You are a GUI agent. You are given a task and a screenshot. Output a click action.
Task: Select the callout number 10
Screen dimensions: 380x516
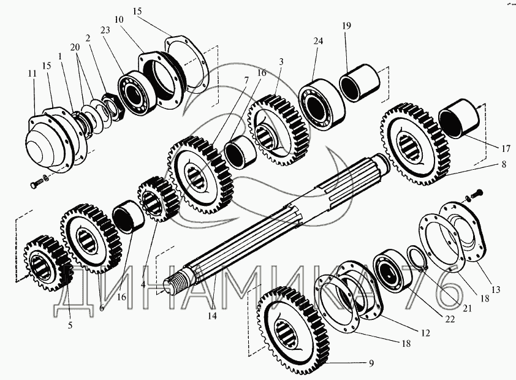pos(118,20)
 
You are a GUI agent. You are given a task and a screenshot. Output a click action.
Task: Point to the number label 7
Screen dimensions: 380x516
pos(228,80)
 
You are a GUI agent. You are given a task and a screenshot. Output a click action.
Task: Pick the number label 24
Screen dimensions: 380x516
pos(317,41)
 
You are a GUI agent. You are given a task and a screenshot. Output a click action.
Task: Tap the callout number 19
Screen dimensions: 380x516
pos(346,26)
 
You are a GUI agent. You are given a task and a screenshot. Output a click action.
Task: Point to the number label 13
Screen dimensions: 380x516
pos(495,289)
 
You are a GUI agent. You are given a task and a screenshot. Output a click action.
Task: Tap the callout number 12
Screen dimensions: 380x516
pos(425,333)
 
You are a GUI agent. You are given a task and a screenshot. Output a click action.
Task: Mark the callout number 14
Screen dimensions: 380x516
pos(213,317)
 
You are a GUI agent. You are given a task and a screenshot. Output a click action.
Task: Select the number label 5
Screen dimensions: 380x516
pos(70,325)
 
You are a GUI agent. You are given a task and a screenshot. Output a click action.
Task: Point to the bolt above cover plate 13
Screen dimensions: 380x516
pos(477,193)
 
